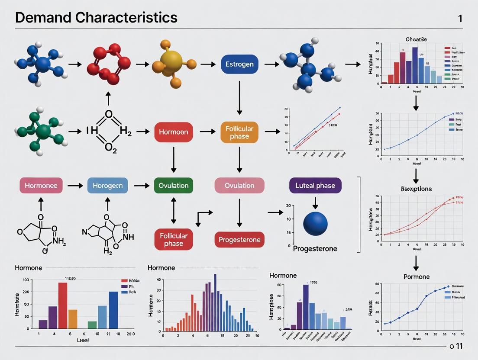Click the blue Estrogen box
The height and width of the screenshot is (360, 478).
[239, 64]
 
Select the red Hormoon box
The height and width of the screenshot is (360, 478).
[174, 132]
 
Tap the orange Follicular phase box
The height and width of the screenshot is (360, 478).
[239, 132]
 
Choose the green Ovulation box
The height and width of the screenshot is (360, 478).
[174, 186]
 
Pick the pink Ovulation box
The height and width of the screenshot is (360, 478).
[239, 186]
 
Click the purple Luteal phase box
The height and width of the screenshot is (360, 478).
[315, 186]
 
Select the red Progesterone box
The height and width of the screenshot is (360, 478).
[239, 240]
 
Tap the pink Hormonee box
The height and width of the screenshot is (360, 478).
[41, 186]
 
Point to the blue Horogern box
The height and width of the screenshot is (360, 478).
[108, 186]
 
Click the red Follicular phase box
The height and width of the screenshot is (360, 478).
[174, 240]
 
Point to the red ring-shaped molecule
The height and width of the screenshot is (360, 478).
[108, 64]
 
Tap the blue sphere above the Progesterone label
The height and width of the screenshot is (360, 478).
[316, 224]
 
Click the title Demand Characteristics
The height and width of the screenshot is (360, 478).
[96, 18]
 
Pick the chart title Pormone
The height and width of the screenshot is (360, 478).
[416, 276]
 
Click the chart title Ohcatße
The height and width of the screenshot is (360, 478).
[416, 39]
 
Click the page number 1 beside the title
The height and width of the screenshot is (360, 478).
[460, 18]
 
